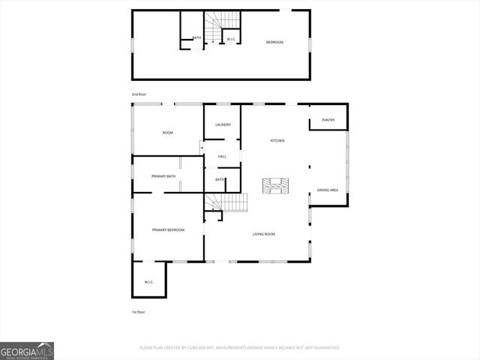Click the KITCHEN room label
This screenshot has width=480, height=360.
(277, 140)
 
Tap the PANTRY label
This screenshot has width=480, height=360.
(328, 120)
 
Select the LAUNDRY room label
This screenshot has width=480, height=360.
(223, 124)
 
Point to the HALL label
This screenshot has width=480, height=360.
(222, 156)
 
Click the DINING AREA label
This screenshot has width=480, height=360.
(328, 190)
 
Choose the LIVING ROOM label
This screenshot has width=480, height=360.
(263, 234)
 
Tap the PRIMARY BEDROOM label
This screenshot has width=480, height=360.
(168, 229)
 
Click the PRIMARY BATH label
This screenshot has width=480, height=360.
(163, 176)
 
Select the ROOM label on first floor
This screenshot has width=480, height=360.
(168, 133)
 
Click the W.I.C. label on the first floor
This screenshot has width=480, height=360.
(148, 282)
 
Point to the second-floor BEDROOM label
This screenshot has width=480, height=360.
(275, 42)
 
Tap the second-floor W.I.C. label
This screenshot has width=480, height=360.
(232, 38)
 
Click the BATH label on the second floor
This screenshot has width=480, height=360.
(196, 38)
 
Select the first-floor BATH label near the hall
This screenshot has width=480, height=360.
(220, 179)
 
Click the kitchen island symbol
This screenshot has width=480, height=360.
(275, 185)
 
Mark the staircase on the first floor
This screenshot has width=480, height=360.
(227, 202)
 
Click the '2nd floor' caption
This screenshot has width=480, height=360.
(139, 94)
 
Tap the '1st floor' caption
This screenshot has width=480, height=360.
(139, 311)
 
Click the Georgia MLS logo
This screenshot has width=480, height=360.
(27, 350)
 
